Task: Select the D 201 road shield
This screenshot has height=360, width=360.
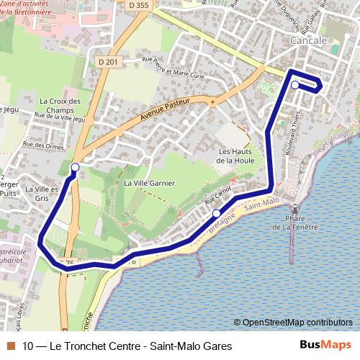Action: click(x=107, y=63)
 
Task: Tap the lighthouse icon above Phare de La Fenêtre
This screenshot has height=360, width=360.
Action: click(x=294, y=209)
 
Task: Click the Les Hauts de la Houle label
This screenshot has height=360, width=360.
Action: click(x=234, y=156)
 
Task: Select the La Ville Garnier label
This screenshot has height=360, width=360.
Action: click(x=150, y=183)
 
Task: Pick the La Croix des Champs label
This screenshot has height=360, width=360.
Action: click(x=60, y=106)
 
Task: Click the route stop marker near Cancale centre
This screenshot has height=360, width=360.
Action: click(x=295, y=85)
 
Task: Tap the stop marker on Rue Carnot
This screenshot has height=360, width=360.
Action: click(x=216, y=213)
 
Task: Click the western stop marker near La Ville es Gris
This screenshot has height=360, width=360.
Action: click(x=74, y=168)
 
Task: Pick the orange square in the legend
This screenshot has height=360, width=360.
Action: click(x=9, y=346)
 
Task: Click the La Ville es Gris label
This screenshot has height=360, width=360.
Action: click(x=42, y=193)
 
